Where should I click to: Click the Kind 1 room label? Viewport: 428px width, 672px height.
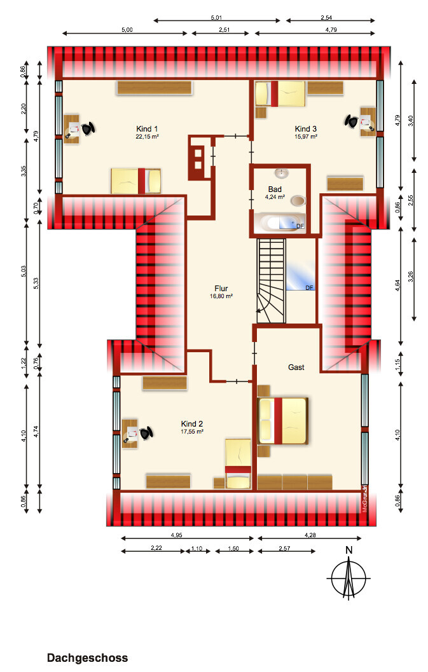pos(147,132)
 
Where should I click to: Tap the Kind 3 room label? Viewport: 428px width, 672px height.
pos(306,132)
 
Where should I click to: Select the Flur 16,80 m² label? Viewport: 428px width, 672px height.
pos(221,292)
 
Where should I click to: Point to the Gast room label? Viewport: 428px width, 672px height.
pos(296,367)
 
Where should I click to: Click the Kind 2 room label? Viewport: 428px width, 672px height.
pos(192,427)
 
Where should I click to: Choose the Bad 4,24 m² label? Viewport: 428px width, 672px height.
pos(275,193)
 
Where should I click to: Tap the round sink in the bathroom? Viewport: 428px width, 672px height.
pos(282,173)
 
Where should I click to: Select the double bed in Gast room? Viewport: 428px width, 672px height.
pos(282,421)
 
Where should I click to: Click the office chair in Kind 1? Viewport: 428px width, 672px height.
pos(88,128)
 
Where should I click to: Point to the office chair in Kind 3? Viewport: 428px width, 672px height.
pos(351,121)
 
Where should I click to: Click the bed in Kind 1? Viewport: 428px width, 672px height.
pos(136,181)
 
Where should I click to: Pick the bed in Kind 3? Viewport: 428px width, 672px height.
pos(280,94)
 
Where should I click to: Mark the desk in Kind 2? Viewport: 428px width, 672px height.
pos(130,434)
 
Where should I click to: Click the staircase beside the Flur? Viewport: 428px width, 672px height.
pos(271,281)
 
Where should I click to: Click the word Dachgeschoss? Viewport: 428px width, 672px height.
pos(88,658)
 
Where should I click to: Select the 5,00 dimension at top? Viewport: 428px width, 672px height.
pos(127,30)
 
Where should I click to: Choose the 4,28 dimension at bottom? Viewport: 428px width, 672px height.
pos(310,535)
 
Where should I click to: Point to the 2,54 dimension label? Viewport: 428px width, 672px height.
pos(326,18)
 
